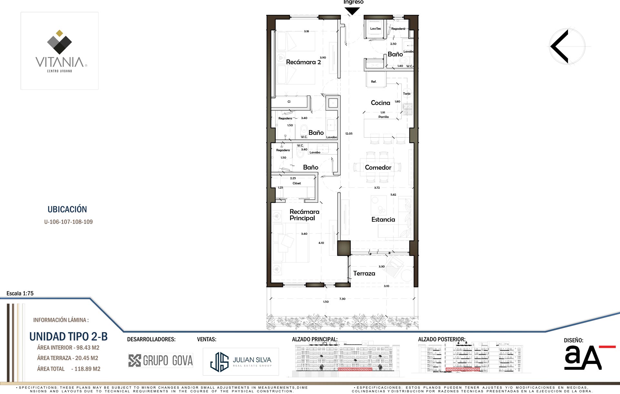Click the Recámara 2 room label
click(303, 62)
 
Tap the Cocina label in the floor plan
click(380, 103)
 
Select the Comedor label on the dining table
click(378, 167)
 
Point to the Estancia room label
click(383, 220)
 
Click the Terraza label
click(364, 273)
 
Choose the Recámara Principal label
click(304, 215)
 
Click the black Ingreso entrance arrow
click(352, 11)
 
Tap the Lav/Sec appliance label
click(376, 28)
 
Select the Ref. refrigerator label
click(374, 82)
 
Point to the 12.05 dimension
click(349, 133)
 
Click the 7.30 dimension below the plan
click(342, 299)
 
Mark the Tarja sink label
click(407, 94)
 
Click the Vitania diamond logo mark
click(59, 42)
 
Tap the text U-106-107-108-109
click(68, 222)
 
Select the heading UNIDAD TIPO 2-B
click(68, 337)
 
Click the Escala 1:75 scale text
click(20, 293)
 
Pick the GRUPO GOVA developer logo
click(160, 360)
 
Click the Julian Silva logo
click(241, 362)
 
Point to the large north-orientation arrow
click(560, 47)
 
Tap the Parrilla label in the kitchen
click(384, 117)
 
